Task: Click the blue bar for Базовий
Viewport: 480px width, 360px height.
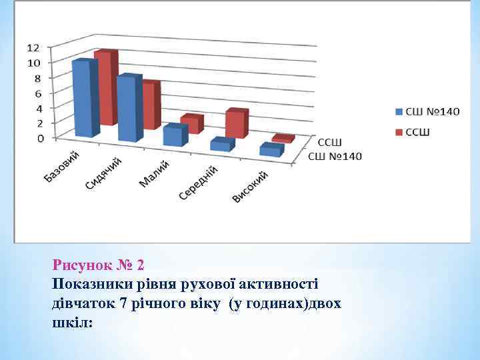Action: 85,99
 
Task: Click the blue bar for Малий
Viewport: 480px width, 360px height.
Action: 175,135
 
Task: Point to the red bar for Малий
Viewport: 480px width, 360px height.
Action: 192,125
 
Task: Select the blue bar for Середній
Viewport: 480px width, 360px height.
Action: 221,145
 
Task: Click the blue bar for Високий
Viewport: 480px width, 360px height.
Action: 271,151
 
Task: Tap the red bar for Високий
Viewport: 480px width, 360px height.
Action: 283,139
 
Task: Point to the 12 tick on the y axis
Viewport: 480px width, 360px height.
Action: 33,47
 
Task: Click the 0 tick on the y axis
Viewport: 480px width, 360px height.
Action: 40,138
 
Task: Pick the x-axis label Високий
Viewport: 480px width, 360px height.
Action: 250,187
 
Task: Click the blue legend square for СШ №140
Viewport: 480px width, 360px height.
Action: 399,111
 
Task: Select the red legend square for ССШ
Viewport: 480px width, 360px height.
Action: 399,132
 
